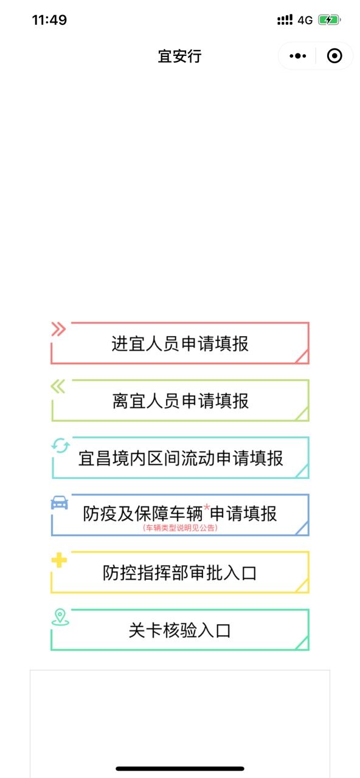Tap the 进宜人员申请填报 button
click(x=180, y=343)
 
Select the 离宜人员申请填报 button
click(x=180, y=401)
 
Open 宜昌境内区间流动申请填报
click(x=180, y=458)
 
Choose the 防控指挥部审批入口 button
click(x=180, y=572)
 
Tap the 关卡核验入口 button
click(x=180, y=630)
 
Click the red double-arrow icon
click(x=58, y=329)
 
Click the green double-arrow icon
click(x=58, y=386)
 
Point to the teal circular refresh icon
click(x=60, y=446)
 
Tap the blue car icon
click(x=60, y=503)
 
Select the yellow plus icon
click(x=59, y=560)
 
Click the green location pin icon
click(x=60, y=617)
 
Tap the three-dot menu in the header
click(x=298, y=56)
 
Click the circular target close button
click(x=334, y=56)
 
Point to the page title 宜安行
click(x=179, y=57)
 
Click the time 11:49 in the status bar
click(x=49, y=20)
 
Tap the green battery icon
click(x=330, y=20)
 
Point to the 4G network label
click(x=305, y=20)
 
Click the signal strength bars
click(x=285, y=20)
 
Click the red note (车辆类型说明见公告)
click(x=180, y=528)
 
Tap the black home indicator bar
click(x=180, y=769)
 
